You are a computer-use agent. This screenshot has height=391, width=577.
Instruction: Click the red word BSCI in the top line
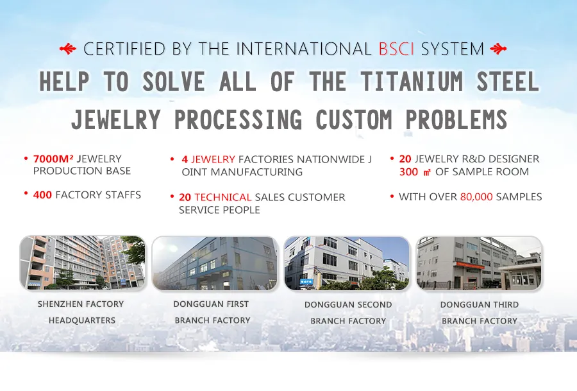tap(396, 49)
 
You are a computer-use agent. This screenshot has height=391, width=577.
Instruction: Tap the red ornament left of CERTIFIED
tap(68, 49)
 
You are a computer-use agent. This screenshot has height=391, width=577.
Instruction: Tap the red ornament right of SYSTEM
tap(498, 49)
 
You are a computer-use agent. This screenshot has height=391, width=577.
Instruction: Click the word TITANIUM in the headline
tap(412, 82)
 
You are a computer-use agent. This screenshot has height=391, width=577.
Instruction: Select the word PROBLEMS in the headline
tap(456, 119)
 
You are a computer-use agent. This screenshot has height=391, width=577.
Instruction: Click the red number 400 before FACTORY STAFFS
tap(42, 195)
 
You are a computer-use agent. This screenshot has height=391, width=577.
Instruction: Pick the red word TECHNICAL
tap(222, 197)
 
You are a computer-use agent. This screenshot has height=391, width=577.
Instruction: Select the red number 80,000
tap(476, 197)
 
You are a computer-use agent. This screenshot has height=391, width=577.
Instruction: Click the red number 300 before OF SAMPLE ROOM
tap(408, 171)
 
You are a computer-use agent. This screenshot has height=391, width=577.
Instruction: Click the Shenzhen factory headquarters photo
tap(83, 263)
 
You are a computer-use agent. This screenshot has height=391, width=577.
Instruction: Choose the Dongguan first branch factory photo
tap(215, 263)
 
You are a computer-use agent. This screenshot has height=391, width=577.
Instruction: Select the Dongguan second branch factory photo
tap(347, 263)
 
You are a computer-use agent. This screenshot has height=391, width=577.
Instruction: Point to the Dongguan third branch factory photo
tap(479, 263)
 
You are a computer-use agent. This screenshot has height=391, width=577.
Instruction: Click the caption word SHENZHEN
tap(56, 304)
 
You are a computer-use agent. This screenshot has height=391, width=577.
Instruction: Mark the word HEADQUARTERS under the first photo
tap(82, 320)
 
